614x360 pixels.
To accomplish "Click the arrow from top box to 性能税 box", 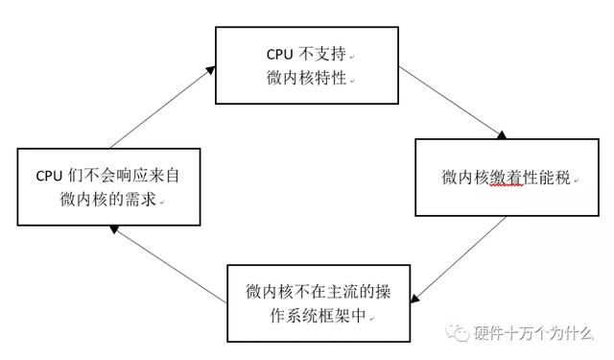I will [x=451, y=103].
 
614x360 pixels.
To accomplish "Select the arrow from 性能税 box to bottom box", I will [x=464, y=252].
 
